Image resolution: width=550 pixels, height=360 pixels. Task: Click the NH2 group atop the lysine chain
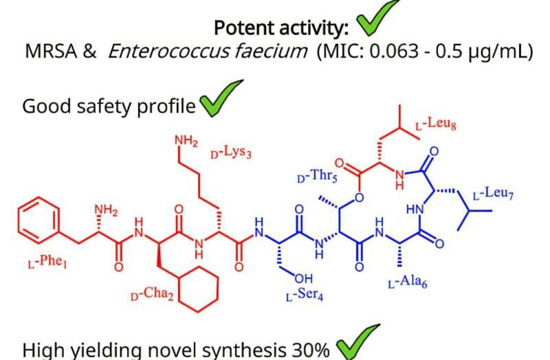pyautogui.click(x=186, y=141)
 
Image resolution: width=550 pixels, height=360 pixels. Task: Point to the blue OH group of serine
pyautogui.click(x=304, y=278)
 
